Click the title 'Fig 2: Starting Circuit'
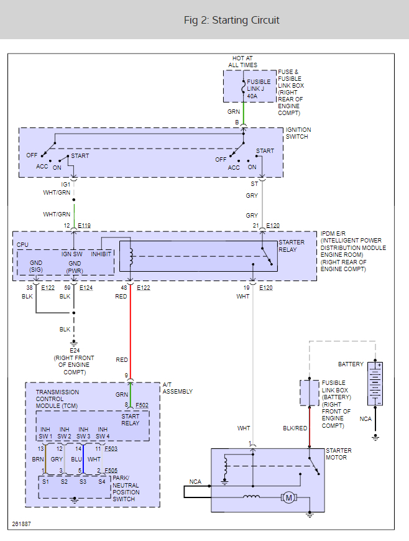(x=231, y=20)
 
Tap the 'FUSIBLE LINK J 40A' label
(x=259, y=88)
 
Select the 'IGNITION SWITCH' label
(x=298, y=133)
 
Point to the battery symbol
(x=375, y=384)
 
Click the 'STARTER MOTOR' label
(x=339, y=454)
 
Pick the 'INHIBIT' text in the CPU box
(x=101, y=254)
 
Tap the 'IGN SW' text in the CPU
(x=71, y=254)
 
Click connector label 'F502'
(x=142, y=405)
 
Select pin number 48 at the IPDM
(x=124, y=287)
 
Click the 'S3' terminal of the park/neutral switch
(x=83, y=481)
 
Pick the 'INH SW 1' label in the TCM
(x=45, y=433)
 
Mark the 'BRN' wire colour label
(x=37, y=459)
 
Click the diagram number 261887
(x=21, y=524)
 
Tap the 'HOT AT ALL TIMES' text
(x=242, y=61)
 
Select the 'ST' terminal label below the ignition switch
(x=254, y=184)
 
